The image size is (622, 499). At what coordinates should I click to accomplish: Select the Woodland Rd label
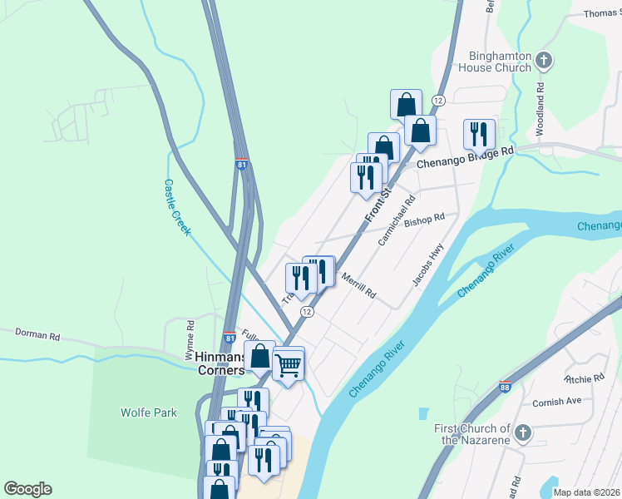(541, 97)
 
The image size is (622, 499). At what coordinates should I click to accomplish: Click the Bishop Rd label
(424, 220)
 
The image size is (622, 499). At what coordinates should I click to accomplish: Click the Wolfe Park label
(149, 413)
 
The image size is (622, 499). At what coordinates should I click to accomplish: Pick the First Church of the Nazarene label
(471, 434)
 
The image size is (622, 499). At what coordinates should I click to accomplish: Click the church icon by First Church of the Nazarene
(521, 433)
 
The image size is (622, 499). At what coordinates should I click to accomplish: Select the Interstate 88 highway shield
(506, 387)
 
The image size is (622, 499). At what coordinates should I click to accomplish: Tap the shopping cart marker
(288, 363)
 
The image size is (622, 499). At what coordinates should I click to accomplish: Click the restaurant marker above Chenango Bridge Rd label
(479, 133)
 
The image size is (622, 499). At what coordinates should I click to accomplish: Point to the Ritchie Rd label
(585, 378)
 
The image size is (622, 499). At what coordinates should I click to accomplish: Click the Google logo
(27, 489)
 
